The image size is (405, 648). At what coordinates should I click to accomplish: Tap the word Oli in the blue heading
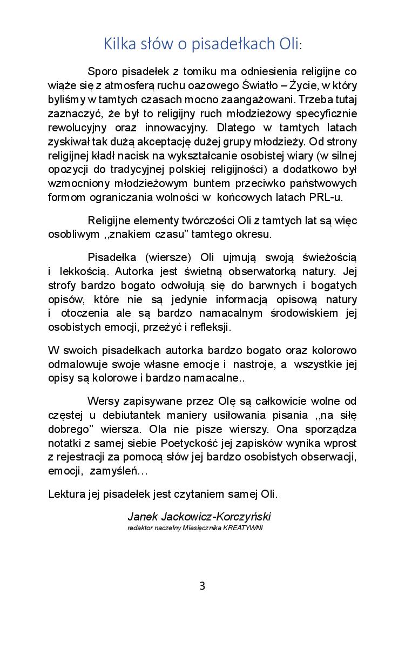286,43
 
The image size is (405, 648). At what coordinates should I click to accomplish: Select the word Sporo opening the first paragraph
103,72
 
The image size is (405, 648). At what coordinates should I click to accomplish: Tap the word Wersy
104,401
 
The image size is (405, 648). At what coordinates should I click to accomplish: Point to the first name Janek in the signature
141,516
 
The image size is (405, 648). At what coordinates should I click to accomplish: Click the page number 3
202,586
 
